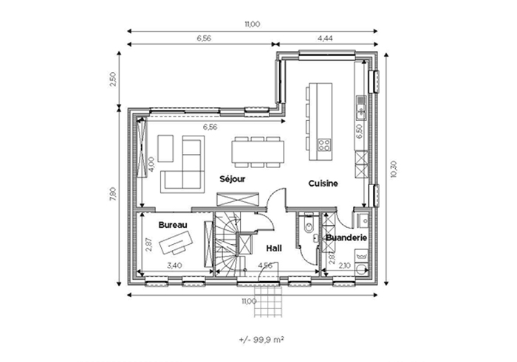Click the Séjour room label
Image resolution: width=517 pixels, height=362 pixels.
[x=233, y=179]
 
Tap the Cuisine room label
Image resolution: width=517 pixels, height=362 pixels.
[x=323, y=184]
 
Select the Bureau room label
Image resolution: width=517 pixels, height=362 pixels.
[x=173, y=225]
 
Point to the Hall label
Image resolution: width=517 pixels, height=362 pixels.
[x=274, y=248]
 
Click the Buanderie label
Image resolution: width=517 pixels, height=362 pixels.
[x=346, y=237]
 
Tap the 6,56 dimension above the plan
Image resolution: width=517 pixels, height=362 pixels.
[x=204, y=38]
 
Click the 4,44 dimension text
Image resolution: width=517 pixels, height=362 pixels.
[x=325, y=38]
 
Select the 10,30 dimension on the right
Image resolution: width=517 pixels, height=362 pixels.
[x=394, y=169]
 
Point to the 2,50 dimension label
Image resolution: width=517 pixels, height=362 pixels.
[x=113, y=80]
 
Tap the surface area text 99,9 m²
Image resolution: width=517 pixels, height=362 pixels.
[x=261, y=340]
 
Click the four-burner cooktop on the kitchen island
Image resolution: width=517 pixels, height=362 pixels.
[x=323, y=145]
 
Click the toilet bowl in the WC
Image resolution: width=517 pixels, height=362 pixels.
[x=309, y=226]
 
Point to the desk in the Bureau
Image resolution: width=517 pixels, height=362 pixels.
[x=176, y=242]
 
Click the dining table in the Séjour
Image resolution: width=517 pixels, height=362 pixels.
[x=258, y=152]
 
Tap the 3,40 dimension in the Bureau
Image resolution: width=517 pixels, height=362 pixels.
[x=174, y=265]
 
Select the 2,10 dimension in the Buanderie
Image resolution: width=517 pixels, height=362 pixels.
[x=345, y=265]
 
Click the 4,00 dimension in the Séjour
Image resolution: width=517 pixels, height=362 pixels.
[x=151, y=164]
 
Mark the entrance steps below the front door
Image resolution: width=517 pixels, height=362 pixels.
[x=268, y=301]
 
